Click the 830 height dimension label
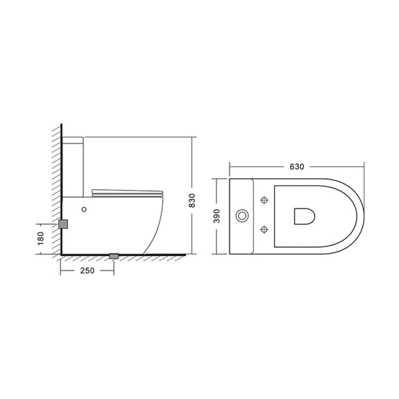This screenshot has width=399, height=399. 192,200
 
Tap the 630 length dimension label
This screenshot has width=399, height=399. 297,167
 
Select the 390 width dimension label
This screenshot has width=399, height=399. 216,216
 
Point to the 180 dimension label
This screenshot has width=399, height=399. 40,239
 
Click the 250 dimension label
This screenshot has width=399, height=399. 87,270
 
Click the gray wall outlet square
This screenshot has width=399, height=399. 63,224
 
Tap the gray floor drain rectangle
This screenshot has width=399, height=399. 114,256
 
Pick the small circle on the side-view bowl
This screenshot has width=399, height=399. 84,209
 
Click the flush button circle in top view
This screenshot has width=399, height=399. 242,216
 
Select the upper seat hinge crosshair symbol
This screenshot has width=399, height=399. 264,200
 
